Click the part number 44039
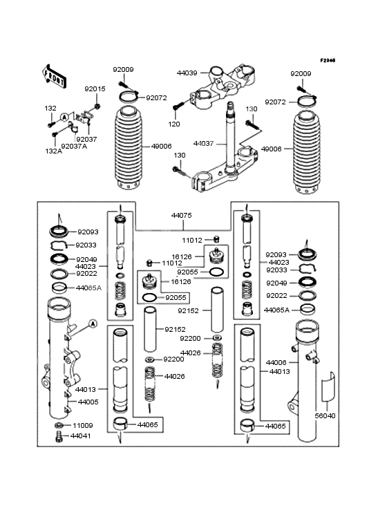[x=187, y=73]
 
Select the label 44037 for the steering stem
[x=203, y=143]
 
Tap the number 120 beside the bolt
[x=173, y=124]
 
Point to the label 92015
[x=95, y=89]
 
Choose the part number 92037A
[x=74, y=147]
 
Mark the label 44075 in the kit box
[x=182, y=215]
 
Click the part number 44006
[x=276, y=362]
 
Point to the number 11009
[x=84, y=426]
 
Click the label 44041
[x=84, y=438]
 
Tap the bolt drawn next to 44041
[x=59, y=437]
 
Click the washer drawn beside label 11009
[x=59, y=425]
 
